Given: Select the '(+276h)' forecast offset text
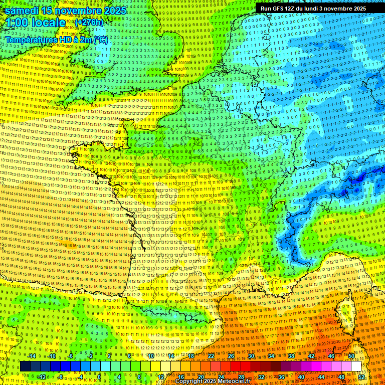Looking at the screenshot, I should (x=89, y=23).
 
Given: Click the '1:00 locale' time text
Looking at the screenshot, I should (x=36, y=23).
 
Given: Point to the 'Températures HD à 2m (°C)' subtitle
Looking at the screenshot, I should (x=57, y=40).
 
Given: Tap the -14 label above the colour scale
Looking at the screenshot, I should (x=32, y=356).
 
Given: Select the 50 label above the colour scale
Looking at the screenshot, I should (x=351, y=356).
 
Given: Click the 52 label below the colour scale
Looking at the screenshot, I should (x=361, y=377).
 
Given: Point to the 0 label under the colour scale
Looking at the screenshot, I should (x=99, y=377).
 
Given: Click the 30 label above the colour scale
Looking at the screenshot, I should (x=251, y=356).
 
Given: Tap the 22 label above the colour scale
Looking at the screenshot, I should (x=211, y=356).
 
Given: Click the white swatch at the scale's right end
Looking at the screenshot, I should (x=356, y=366).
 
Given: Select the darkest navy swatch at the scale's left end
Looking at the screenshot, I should (x=25, y=366).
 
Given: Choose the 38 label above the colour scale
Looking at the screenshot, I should (x=291, y=356).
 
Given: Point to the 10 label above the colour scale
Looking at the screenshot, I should (x=150, y=356).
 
